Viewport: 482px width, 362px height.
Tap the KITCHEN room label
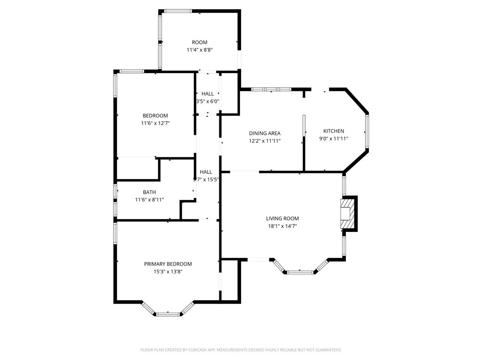coord(333,131)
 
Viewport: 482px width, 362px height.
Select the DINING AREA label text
coord(265,133)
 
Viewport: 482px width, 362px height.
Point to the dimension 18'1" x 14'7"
coord(282,226)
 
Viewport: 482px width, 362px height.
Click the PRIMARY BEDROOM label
coord(168,264)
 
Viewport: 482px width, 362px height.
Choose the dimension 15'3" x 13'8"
coord(168,271)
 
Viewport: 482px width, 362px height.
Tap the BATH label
coord(149,192)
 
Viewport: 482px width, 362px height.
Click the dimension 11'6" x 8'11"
coord(149,200)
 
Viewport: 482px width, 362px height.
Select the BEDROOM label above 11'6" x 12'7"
coord(155,116)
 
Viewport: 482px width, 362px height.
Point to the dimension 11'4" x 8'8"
coord(200,50)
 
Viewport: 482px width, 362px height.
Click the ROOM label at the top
coord(200,42)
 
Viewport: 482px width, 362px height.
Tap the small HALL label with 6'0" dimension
coord(208,94)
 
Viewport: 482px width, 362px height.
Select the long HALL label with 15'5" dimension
coord(206,172)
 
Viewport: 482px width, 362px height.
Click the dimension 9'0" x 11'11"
coord(333,139)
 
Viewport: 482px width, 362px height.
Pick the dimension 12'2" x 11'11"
coord(265,141)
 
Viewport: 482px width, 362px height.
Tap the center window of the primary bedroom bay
coord(168,313)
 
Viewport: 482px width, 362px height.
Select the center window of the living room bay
coord(300,272)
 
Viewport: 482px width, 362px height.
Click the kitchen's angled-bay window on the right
coord(367,132)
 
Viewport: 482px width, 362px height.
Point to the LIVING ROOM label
coord(282,219)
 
